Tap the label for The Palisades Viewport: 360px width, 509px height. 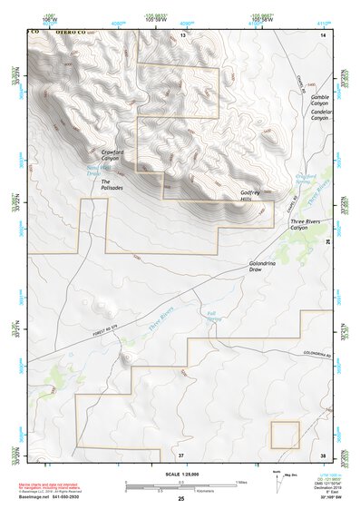tap(111, 184)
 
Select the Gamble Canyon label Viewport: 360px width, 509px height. tap(321, 100)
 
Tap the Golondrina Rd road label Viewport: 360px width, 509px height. tap(319, 355)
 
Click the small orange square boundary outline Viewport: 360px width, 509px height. tap(286, 435)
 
